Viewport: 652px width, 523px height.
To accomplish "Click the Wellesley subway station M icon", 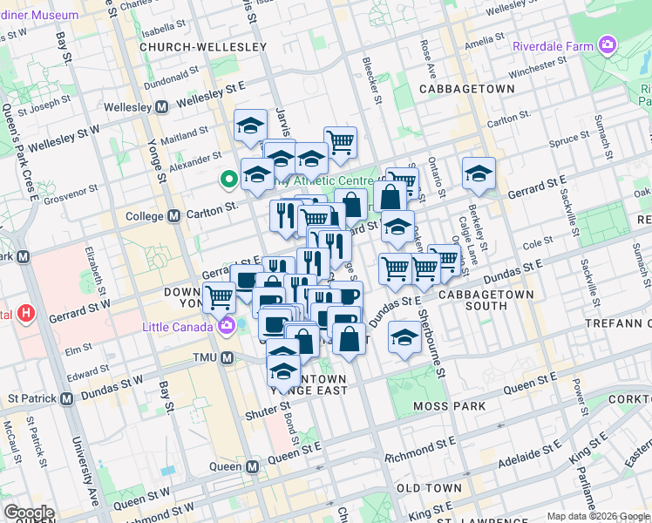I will pyautogui.click(x=161, y=107).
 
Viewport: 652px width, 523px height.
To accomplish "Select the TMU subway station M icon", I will pyautogui.click(x=228, y=358).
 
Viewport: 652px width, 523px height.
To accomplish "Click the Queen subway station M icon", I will pyautogui.click(x=253, y=466).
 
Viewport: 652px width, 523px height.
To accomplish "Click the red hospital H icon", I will pyautogui.click(x=27, y=312).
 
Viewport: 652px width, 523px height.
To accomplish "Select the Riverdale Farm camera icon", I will pyautogui.click(x=608, y=45).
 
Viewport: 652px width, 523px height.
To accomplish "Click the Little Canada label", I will pyautogui.click(x=179, y=327).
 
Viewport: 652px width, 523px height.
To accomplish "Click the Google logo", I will pyautogui.click(x=29, y=513).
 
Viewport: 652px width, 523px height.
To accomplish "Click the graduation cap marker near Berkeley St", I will pyautogui.click(x=479, y=173).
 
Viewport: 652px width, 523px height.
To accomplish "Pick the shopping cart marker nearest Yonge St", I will pyautogui.click(x=219, y=297).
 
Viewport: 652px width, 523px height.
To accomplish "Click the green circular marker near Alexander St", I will pyautogui.click(x=229, y=180).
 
